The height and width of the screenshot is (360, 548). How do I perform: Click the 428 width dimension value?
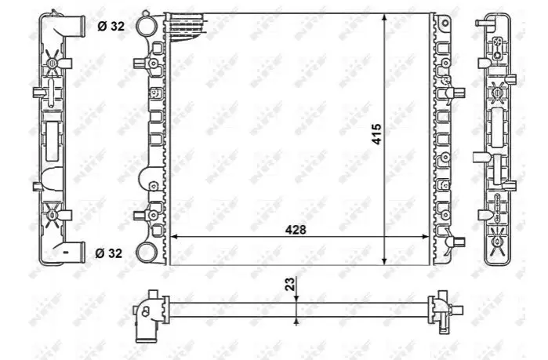point(296,230)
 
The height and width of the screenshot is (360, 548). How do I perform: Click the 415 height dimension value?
point(376,134)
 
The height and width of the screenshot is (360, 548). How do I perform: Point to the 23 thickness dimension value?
point(290,284)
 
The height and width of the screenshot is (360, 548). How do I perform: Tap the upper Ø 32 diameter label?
point(111,26)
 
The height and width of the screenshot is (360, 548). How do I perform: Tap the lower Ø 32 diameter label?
point(109,253)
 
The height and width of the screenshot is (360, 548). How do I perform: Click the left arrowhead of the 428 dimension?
point(174,237)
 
